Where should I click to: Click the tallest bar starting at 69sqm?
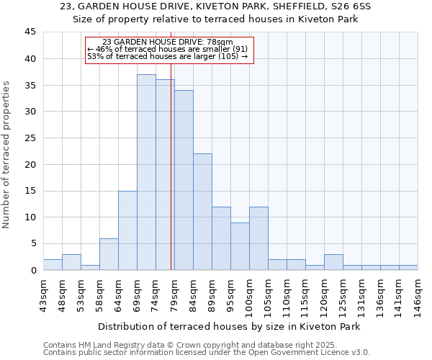(x=146, y=172)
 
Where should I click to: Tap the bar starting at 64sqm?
(x=127, y=230)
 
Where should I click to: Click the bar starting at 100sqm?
(x=258, y=238)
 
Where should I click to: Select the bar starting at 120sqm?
(x=333, y=262)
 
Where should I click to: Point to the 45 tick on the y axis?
(x=30, y=32)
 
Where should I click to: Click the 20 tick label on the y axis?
(x=30, y=164)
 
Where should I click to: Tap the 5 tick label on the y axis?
(x=32, y=244)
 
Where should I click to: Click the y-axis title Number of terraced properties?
(x=6, y=154)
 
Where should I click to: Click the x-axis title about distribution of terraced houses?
(x=228, y=326)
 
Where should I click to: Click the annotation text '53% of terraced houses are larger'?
(x=167, y=56)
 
